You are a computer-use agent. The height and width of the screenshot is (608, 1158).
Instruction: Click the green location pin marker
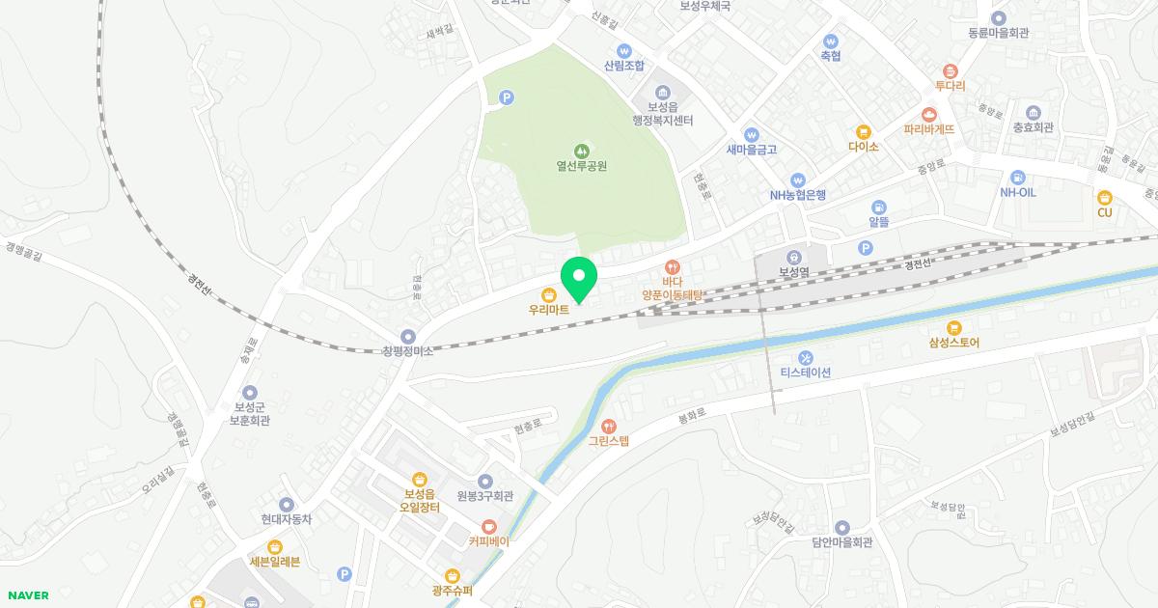point(579,278)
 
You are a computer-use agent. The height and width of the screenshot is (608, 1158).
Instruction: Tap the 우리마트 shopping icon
point(548,294)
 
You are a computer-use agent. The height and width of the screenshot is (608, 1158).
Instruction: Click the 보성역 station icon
point(793,257)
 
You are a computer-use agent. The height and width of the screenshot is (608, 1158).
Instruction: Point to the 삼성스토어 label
point(954,343)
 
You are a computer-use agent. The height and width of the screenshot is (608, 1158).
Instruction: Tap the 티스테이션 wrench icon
point(806,358)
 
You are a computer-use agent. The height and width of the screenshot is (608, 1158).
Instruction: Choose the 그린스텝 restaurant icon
point(608,426)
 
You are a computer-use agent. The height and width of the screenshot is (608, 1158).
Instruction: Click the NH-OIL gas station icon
point(1017,177)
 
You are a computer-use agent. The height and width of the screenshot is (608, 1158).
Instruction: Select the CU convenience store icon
point(1105,197)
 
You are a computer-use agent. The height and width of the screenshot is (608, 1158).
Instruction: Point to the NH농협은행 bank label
point(797,195)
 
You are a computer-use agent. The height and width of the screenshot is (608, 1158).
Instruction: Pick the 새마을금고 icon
point(752,134)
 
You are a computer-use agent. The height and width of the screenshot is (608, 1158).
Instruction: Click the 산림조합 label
point(623,66)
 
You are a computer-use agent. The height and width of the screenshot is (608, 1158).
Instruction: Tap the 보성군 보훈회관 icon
point(250,392)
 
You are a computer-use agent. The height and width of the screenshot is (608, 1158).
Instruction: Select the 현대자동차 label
point(287,519)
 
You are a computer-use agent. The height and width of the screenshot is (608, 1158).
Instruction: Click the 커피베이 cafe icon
point(489,526)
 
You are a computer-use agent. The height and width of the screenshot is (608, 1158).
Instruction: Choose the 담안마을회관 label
point(841,542)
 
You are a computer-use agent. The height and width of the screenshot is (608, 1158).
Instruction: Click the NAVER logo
point(28,595)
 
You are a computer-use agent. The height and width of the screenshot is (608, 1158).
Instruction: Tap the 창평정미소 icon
point(408,336)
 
